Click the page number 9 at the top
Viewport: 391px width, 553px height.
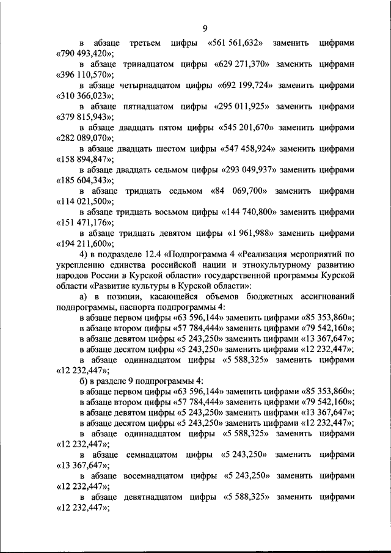pyautogui.click(x=205, y=28)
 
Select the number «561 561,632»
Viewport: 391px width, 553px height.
pyautogui.click(x=236, y=43)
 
